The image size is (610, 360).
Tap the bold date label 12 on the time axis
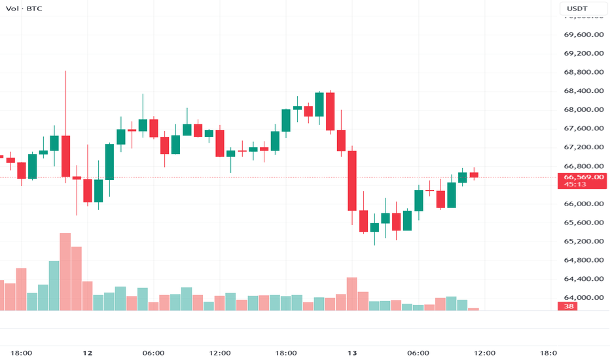(x=88, y=353)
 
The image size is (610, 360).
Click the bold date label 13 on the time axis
(x=352, y=353)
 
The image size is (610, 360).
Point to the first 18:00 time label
(x=22, y=353)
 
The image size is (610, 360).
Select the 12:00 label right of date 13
(x=484, y=353)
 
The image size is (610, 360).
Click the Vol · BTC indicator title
(x=21, y=9)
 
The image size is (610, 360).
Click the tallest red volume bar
(x=65, y=272)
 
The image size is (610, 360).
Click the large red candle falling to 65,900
(x=352, y=180)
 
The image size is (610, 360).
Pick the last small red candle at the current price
(x=474, y=175)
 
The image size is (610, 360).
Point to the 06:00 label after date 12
(x=153, y=353)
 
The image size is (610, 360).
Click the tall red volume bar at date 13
(x=352, y=294)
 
